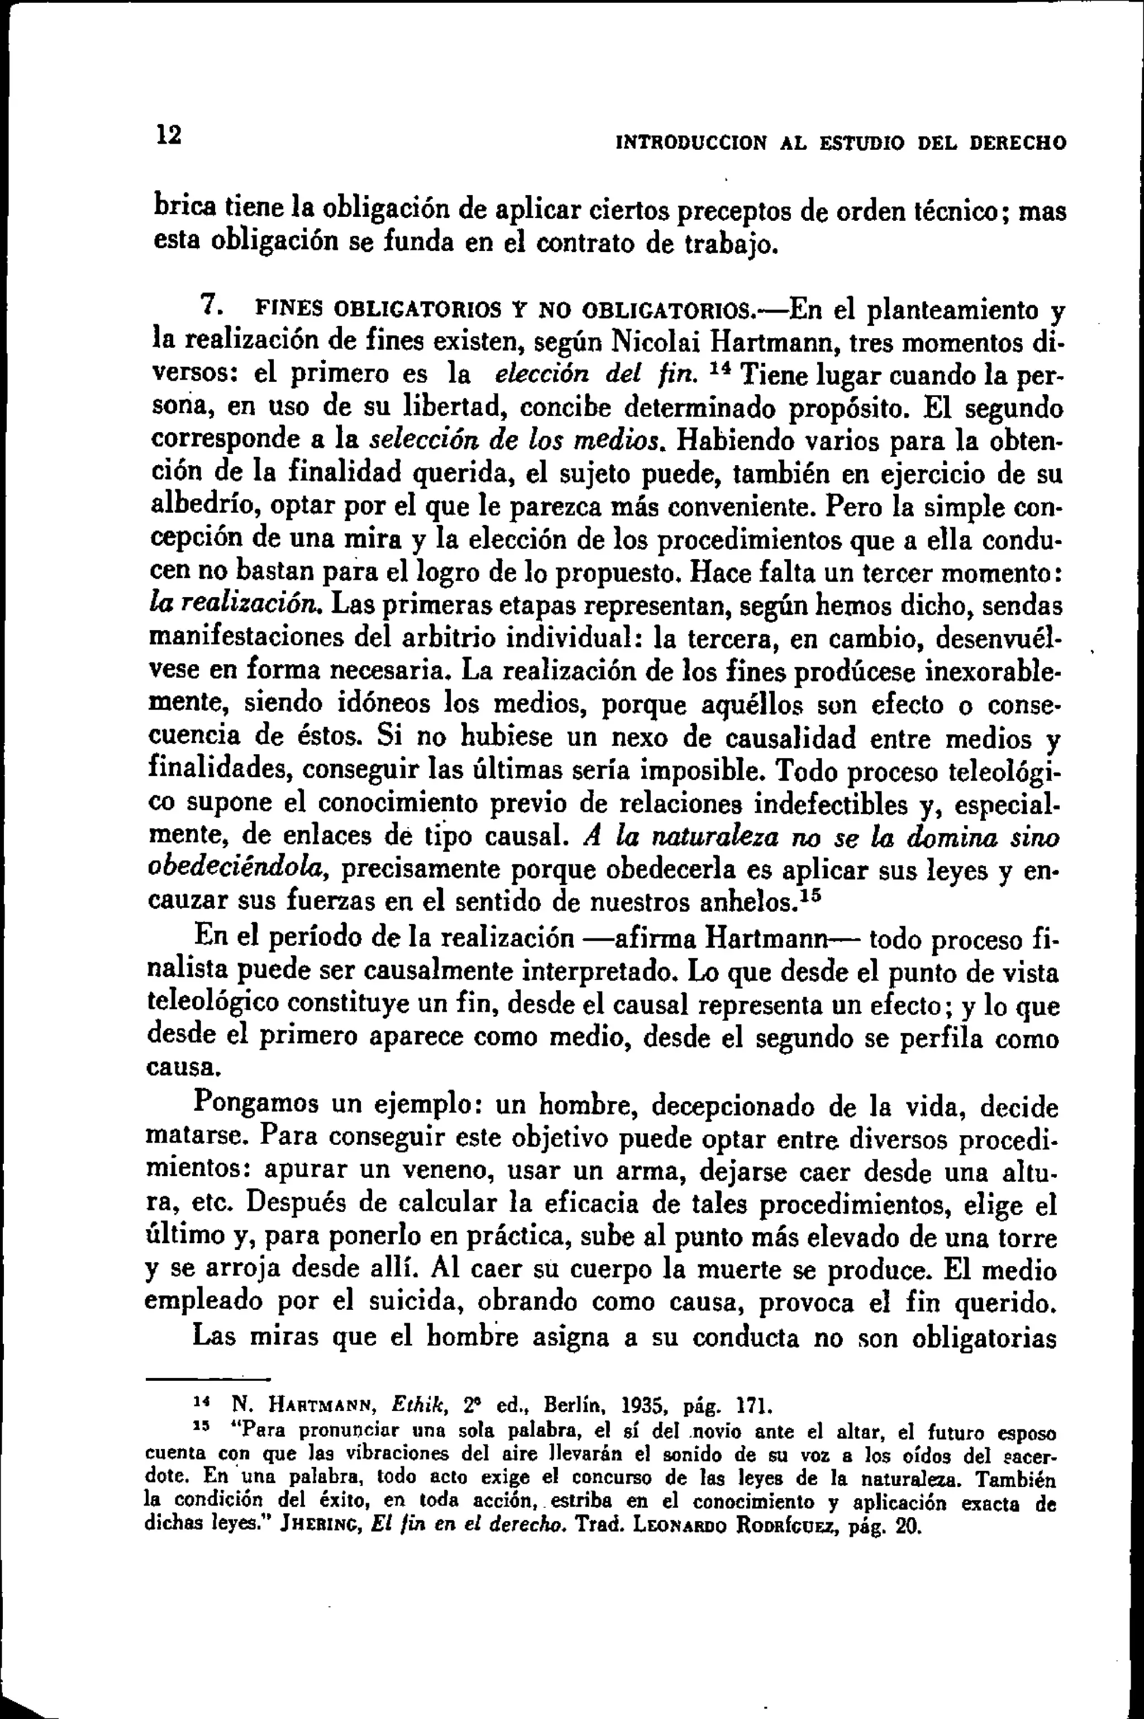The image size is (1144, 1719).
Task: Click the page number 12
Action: pyautogui.click(x=167, y=134)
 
